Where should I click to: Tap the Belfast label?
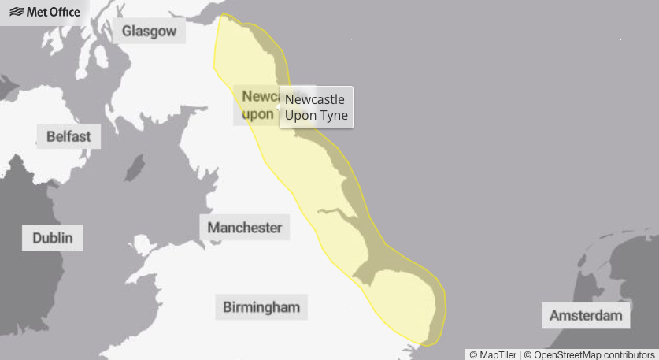(x=68, y=136)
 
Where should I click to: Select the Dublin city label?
(x=53, y=237)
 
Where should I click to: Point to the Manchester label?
(x=244, y=228)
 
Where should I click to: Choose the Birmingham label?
(x=261, y=306)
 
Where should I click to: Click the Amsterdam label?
(x=587, y=316)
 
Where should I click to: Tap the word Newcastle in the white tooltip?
(x=315, y=100)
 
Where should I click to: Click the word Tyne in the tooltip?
(x=334, y=116)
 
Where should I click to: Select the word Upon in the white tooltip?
(x=300, y=116)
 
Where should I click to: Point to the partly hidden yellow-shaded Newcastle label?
(x=257, y=106)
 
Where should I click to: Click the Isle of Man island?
(x=135, y=168)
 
